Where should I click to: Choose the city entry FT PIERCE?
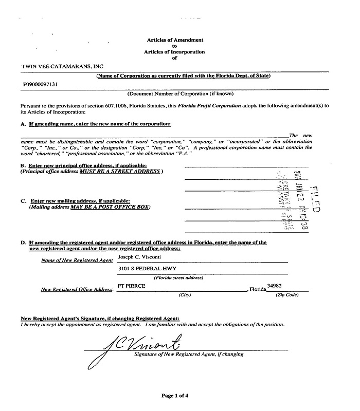(x=131, y=286)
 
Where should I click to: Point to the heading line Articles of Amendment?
(x=175, y=40)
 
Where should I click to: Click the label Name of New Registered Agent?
(x=77, y=260)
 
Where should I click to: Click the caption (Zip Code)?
(x=286, y=295)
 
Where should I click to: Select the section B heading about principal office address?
(x=84, y=165)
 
